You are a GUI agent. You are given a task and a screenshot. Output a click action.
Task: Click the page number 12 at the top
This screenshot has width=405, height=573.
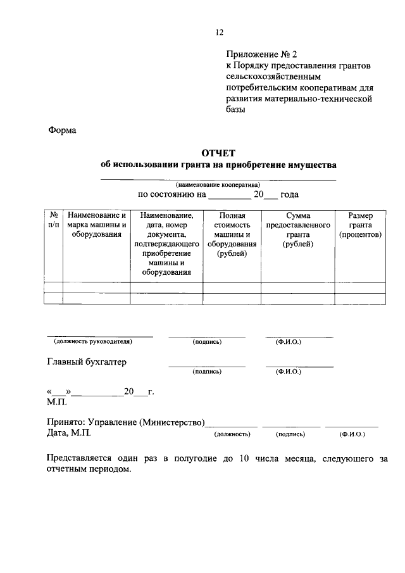(x=220, y=32)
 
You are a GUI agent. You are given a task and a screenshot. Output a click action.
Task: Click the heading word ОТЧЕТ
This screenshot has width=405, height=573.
(x=218, y=153)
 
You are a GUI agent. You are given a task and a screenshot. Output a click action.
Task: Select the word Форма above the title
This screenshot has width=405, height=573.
(x=62, y=130)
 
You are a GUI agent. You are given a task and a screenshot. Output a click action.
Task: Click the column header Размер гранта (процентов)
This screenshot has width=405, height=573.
(x=360, y=225)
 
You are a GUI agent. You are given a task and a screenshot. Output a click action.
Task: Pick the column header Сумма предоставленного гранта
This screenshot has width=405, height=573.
(x=297, y=230)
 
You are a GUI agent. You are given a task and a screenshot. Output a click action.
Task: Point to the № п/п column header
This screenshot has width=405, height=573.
(x=53, y=220)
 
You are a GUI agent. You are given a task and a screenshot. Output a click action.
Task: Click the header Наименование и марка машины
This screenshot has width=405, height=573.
(x=97, y=225)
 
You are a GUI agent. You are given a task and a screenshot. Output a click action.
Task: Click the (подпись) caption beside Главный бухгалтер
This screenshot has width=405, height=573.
(x=207, y=372)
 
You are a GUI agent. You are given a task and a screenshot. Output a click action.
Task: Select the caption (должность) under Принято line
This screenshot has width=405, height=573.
(x=232, y=434)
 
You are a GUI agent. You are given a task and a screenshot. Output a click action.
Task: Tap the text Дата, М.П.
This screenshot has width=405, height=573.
(x=69, y=433)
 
